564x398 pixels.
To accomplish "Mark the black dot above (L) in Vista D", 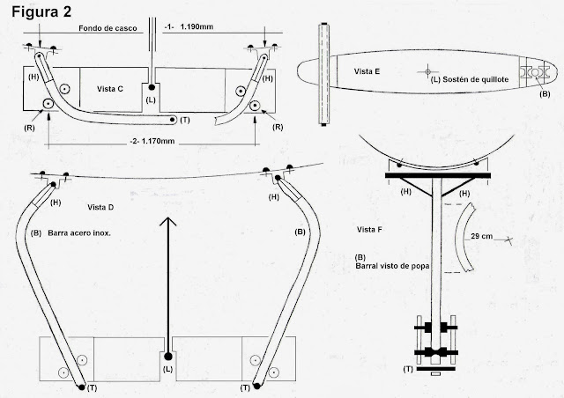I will click(x=167, y=357).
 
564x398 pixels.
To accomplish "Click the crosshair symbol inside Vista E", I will click(x=427, y=70).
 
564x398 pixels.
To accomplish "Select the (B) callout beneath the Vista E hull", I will click(x=544, y=92).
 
